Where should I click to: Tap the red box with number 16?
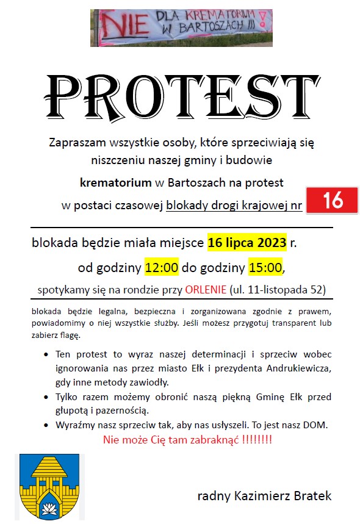(332, 201)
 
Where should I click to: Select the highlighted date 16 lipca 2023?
(247, 243)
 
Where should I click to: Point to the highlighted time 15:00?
(265, 267)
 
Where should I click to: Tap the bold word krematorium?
(115, 182)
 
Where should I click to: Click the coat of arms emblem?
(41, 486)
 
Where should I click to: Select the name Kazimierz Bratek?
(264, 496)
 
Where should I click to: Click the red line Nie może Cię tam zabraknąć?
(187, 440)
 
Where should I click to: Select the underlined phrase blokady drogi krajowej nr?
(234, 206)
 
